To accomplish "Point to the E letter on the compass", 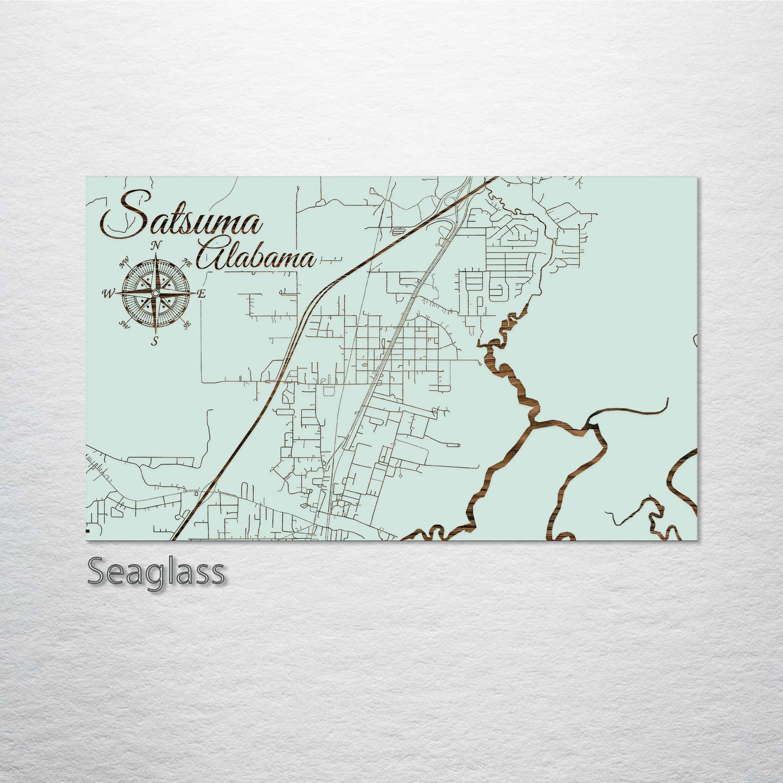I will click(x=202, y=294).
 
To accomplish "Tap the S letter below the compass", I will click(x=155, y=341).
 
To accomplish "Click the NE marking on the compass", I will click(x=188, y=263).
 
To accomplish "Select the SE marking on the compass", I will click(x=187, y=325).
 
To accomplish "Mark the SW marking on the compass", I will click(x=124, y=325).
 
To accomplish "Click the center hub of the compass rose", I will click(x=156, y=293).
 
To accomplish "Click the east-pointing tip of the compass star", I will click(x=196, y=293).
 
